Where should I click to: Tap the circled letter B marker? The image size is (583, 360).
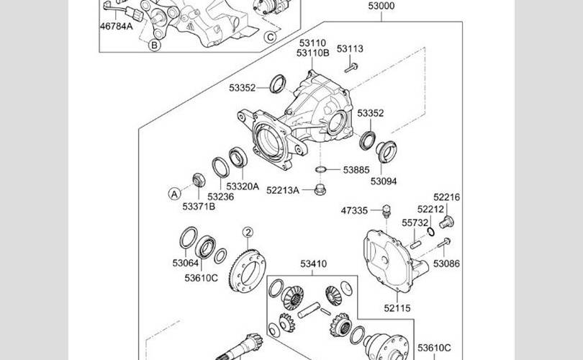coord(154,45)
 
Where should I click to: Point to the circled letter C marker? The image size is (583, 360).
coord(271,37)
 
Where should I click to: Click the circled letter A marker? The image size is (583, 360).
coord(173,193)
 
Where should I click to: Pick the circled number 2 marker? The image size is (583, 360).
coord(248,233)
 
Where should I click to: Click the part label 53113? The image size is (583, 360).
coord(351,49)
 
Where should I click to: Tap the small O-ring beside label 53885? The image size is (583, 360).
coord(322,170)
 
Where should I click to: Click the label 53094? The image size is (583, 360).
coord(384,181)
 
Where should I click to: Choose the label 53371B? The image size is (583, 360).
coord(199,207)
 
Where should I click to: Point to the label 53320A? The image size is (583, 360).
coord(243,186)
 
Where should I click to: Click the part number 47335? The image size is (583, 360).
coord(355,210)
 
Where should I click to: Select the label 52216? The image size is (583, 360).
coord(446,197)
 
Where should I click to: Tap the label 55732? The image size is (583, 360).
coord(415,223)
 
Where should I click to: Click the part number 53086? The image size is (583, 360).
coord(446,264)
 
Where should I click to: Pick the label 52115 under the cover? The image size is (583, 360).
coord(397,307)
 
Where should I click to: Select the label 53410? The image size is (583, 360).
coord(313,264)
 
